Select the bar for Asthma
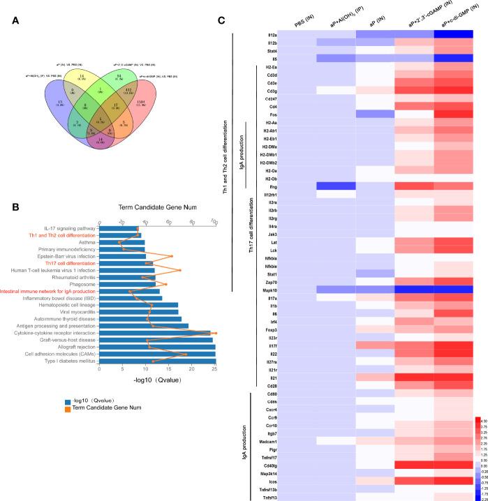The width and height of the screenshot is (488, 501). pyautogui.click(x=121, y=242)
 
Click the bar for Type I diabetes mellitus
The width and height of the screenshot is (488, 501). pyautogui.click(x=158, y=361)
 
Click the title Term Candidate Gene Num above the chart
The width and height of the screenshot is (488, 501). pyautogui.click(x=158, y=209)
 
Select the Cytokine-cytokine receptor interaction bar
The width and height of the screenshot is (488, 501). pyautogui.click(x=156, y=333)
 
